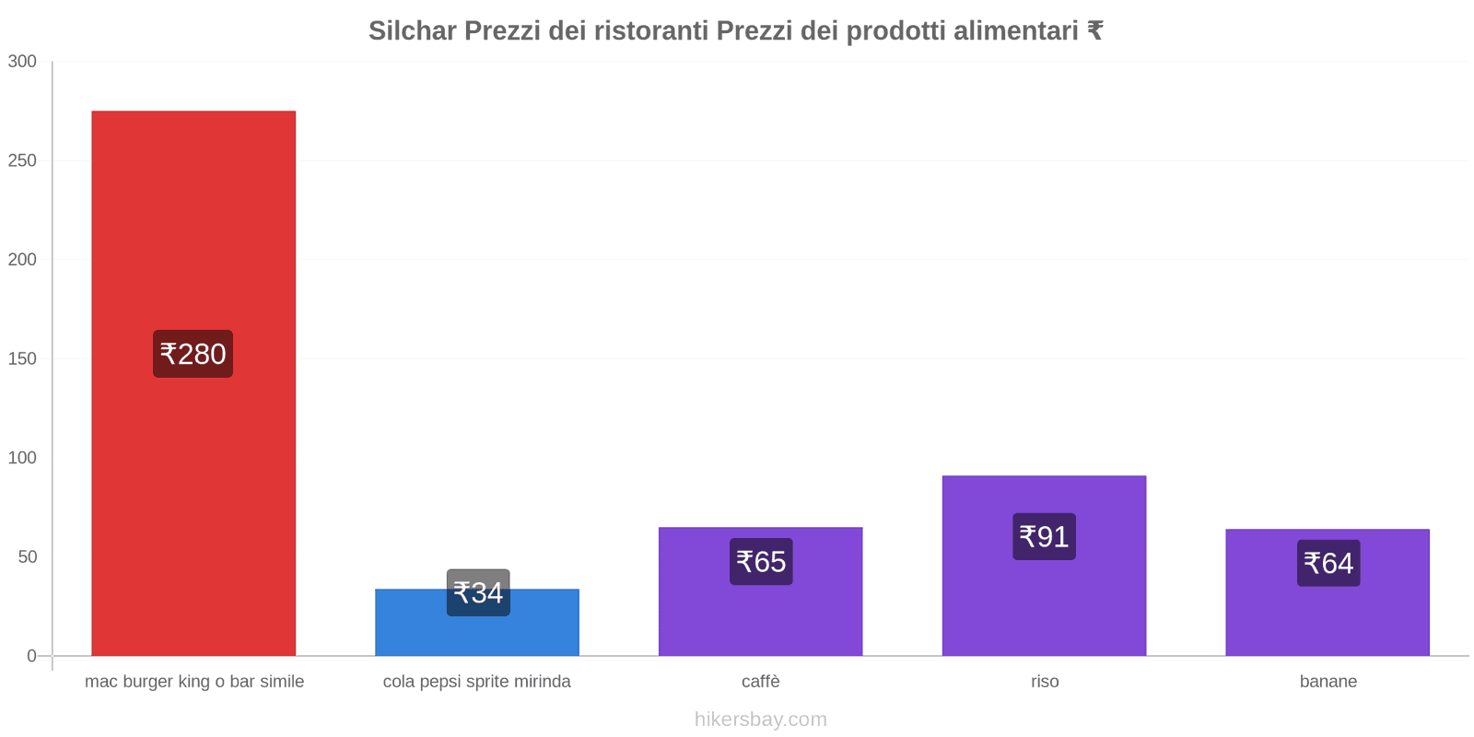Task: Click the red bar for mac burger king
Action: point(193,230)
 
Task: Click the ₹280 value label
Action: point(193,354)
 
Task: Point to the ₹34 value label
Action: point(478,592)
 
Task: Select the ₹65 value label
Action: point(761,561)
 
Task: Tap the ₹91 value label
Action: point(1044,536)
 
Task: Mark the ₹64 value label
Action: point(1328,563)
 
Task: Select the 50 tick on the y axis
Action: point(27,556)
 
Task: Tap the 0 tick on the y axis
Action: point(31,656)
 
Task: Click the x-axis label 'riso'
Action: point(1045,682)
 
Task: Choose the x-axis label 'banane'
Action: point(1328,682)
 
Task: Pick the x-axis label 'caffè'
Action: point(761,682)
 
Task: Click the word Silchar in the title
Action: point(412,30)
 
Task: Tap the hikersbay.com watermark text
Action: point(761,719)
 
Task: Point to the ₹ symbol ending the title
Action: point(1094,30)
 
